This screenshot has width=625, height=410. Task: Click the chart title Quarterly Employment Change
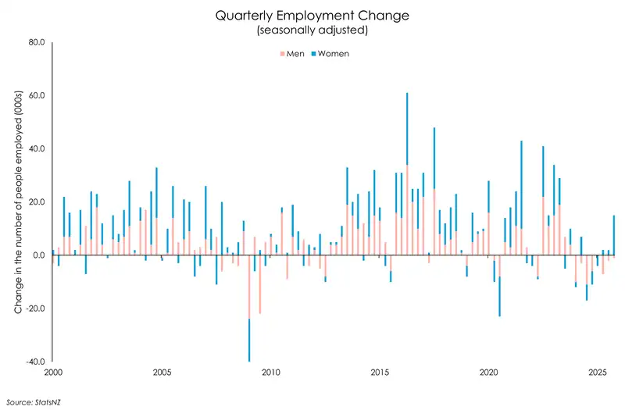pyautogui.click(x=312, y=15)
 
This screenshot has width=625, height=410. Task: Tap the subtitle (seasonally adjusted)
pyautogui.click(x=312, y=30)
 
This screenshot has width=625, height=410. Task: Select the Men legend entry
pyautogui.click(x=291, y=54)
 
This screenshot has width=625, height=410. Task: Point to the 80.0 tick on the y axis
pyautogui.click(x=36, y=42)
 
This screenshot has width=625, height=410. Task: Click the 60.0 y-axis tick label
pyautogui.click(x=36, y=95)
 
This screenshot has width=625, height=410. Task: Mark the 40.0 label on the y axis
pyautogui.click(x=36, y=148)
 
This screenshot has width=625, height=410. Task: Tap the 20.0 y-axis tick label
pyautogui.click(x=36, y=201)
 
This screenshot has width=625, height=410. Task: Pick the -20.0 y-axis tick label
pyautogui.click(x=35, y=308)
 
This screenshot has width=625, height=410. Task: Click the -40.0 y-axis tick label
pyautogui.click(x=35, y=361)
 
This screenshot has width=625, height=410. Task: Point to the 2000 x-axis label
pyautogui.click(x=54, y=373)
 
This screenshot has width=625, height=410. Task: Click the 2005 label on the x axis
pyautogui.click(x=162, y=373)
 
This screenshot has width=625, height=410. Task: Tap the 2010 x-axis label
pyautogui.click(x=271, y=373)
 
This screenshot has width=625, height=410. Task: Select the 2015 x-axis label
pyautogui.click(x=380, y=373)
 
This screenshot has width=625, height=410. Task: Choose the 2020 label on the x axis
pyautogui.click(x=488, y=373)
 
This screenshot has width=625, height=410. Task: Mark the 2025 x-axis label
pyautogui.click(x=597, y=373)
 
